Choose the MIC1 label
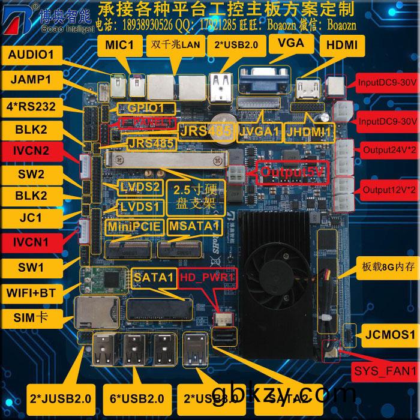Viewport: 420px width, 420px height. coord(119,44)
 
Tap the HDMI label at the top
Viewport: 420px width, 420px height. coord(342,44)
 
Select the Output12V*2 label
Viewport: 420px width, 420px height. coord(388,190)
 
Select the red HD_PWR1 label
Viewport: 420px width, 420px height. coord(205,277)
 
